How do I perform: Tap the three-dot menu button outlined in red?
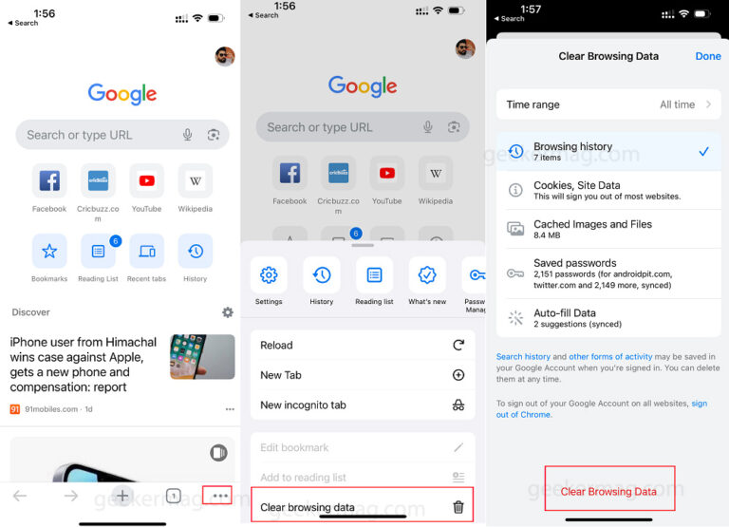coord(220,496)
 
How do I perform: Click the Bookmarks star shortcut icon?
coord(49,252)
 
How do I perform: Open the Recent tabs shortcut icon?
coord(146,252)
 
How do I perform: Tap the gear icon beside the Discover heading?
coord(228,312)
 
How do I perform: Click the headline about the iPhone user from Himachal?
coord(84,365)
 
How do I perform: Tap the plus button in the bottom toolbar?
coord(121,496)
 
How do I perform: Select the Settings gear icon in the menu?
coord(269,275)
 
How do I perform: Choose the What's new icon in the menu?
coord(427,275)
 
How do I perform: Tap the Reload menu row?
coord(362,346)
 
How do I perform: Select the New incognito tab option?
coord(362,405)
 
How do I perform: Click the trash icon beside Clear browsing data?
coord(458,507)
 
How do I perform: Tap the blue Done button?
coord(708,56)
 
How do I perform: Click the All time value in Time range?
coord(678,104)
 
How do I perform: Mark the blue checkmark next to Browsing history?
coord(703,151)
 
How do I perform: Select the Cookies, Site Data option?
coord(607,190)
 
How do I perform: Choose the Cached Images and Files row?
coord(607,229)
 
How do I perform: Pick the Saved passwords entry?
coord(607,273)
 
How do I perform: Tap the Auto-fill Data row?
coord(607,318)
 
